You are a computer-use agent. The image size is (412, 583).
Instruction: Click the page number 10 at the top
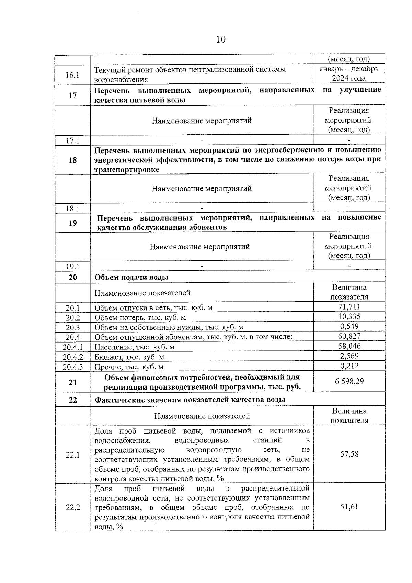(x=221, y=40)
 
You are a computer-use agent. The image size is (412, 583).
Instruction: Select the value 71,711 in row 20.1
(x=349, y=307)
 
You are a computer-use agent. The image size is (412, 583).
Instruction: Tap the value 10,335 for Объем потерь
(x=349, y=317)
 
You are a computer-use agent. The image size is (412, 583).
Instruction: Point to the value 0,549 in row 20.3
(x=349, y=326)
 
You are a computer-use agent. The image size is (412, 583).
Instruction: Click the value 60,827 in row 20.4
(x=349, y=336)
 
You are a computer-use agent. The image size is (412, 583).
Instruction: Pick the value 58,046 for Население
(x=349, y=346)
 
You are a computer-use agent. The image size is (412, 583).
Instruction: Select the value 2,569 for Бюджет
(x=349, y=356)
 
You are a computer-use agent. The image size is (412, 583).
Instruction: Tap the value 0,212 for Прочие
(x=349, y=366)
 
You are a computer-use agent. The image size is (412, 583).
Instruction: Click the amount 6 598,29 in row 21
(x=349, y=381)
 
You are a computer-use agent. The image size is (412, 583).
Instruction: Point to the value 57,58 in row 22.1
(x=349, y=454)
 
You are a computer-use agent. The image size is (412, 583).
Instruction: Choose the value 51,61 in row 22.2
(x=349, y=507)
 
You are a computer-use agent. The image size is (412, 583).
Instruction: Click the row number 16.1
(x=72, y=75)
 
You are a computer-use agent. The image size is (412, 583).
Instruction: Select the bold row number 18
(x=72, y=160)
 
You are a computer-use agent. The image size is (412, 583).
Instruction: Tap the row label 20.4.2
(x=73, y=357)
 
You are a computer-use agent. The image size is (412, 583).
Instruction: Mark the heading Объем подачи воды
(x=131, y=277)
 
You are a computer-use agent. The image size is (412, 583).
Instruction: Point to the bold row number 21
(x=72, y=382)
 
